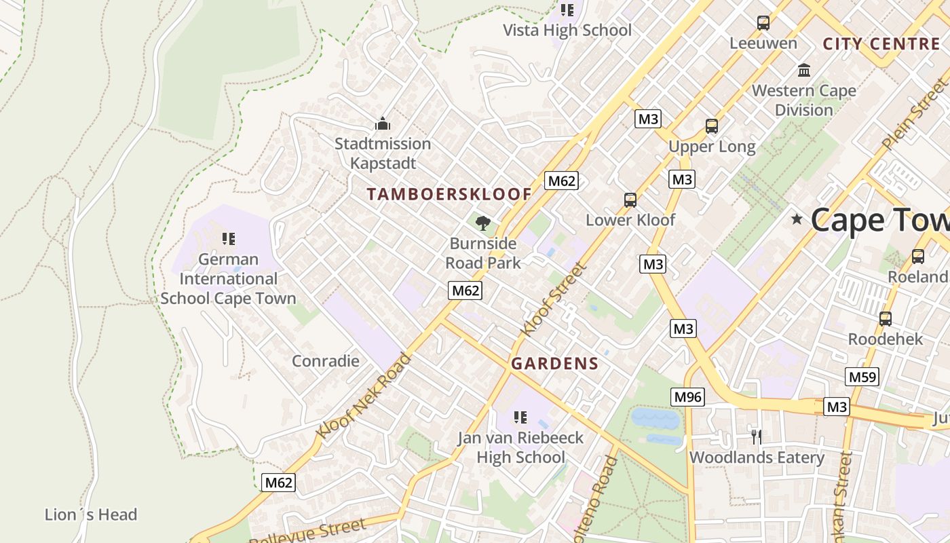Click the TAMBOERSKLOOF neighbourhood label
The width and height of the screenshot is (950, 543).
coord(449,194)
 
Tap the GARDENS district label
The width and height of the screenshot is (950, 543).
coord(554,364)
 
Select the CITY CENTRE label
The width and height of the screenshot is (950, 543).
coord(881,44)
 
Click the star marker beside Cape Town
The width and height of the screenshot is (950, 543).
coord(797,219)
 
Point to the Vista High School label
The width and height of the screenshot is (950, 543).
coord(567,30)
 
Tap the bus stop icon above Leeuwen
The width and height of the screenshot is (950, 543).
coord(763,23)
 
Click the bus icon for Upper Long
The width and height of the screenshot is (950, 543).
coord(712,126)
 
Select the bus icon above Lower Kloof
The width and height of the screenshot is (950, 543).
coord(630,200)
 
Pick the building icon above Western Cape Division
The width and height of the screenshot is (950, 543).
coord(804,70)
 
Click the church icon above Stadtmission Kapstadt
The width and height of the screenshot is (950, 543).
coord(383,124)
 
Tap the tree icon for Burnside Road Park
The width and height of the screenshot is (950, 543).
coord(483,223)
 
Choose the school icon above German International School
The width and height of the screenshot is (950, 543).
coord(228,239)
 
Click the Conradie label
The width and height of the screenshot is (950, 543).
coord(325,361)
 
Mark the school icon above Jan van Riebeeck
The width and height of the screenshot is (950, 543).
coord(520,417)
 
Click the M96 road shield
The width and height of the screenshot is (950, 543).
coord(687,397)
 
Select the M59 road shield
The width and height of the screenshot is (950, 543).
coord(862,377)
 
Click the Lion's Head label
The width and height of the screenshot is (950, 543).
coord(91,514)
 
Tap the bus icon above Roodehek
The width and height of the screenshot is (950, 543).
coord(886,318)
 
